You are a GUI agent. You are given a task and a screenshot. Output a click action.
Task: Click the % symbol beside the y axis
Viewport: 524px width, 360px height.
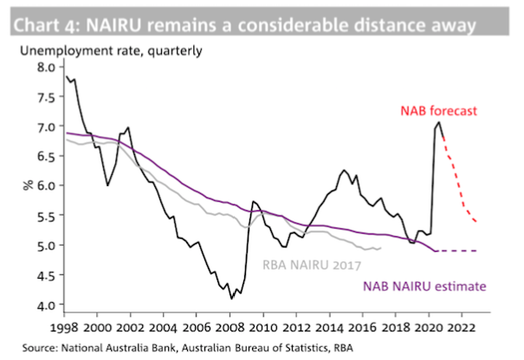27,185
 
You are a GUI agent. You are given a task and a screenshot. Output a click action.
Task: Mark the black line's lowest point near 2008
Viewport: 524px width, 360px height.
231,299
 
